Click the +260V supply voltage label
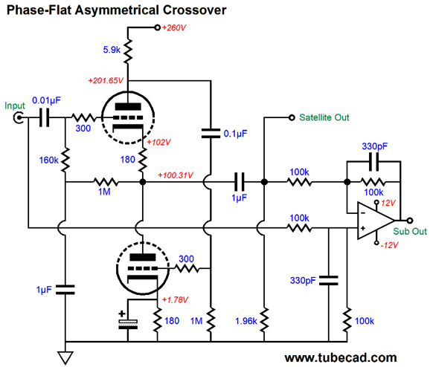pos(174,27)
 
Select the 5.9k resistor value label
pos(112,50)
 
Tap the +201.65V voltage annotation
pos(106,80)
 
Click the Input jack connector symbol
pos(19,118)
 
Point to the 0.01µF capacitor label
pos(46,100)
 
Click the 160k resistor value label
pos(49,160)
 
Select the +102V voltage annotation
pos(158,142)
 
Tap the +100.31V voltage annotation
pos(176,175)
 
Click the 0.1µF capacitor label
pos(235,134)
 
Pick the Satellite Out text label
pos(324,117)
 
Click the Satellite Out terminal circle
pos(292,118)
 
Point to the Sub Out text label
pos(410,232)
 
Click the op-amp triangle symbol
pos(376,221)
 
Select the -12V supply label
pos(389,245)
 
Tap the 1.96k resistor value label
pos(246,321)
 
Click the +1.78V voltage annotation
pos(175,300)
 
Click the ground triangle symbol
pos(65,358)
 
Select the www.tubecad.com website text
pos(341,358)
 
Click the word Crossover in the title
pos(195,10)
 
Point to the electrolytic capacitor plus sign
pos(122,314)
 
